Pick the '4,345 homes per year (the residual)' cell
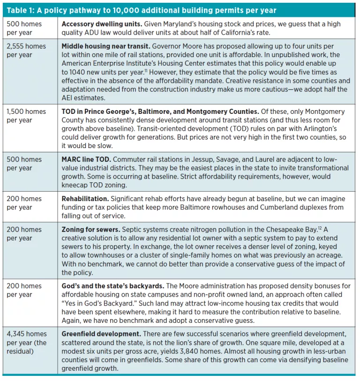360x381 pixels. click(27, 342)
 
